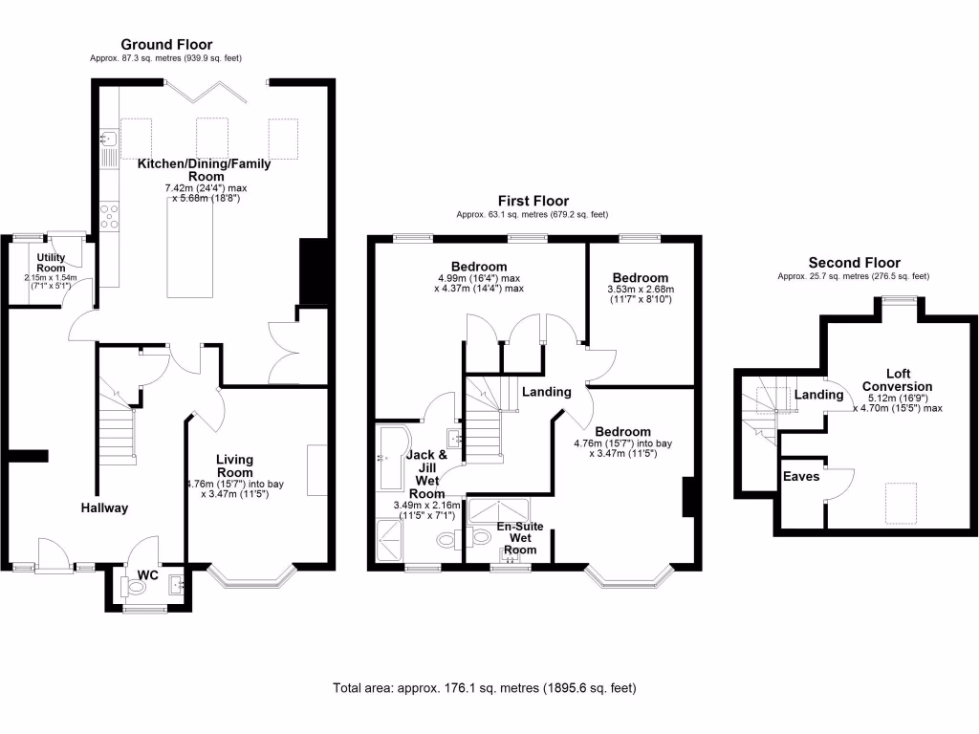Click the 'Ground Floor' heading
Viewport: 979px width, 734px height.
point(166,44)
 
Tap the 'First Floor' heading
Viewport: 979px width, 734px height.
point(533,201)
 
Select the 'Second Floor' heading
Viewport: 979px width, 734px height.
point(854,263)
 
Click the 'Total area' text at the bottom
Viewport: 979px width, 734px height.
point(485,688)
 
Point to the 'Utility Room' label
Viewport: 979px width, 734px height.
point(51,263)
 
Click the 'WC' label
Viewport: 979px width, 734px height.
point(147,575)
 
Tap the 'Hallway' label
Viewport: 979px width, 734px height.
point(103,507)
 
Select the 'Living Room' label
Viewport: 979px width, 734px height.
point(234,465)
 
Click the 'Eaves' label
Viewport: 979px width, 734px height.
point(801,475)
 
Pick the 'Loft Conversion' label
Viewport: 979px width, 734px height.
point(898,380)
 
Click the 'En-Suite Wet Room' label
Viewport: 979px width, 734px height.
point(520,538)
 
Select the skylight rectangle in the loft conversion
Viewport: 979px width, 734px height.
point(898,500)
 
